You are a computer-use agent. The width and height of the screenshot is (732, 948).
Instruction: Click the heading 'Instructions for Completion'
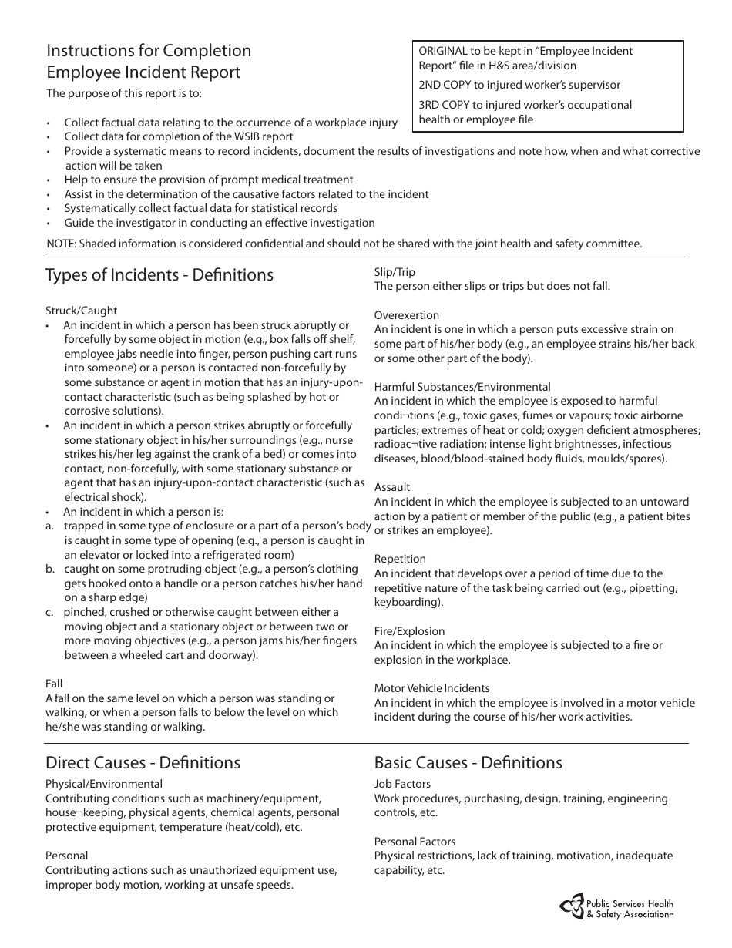point(149,51)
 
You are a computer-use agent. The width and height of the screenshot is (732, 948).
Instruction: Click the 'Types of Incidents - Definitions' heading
point(159,275)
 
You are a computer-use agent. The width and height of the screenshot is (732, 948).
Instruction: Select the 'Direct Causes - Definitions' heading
point(143,763)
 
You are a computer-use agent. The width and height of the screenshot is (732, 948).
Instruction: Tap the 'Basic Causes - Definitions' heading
point(468,763)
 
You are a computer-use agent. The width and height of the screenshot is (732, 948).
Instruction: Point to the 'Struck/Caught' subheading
point(81,311)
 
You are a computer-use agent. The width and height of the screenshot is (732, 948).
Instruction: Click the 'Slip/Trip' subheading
point(395,272)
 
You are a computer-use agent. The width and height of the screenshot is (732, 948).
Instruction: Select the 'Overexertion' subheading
point(406,315)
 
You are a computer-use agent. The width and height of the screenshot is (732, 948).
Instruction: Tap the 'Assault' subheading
point(392,487)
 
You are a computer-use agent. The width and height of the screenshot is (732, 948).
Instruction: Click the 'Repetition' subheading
point(399,559)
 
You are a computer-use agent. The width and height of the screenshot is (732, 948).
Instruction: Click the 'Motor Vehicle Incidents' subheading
point(431,688)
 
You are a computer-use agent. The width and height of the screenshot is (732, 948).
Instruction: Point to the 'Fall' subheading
point(54,684)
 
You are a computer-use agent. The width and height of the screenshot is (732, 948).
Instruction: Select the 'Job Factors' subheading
point(402,785)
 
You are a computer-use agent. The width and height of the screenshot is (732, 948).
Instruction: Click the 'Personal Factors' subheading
point(415,842)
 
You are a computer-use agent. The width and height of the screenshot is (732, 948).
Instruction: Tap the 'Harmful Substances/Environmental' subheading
point(462,387)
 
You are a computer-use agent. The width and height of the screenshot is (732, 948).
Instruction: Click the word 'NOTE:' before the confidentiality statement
point(62,244)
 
